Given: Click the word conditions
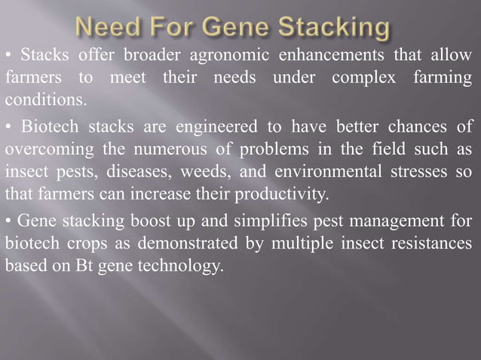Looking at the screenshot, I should point(46,99).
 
